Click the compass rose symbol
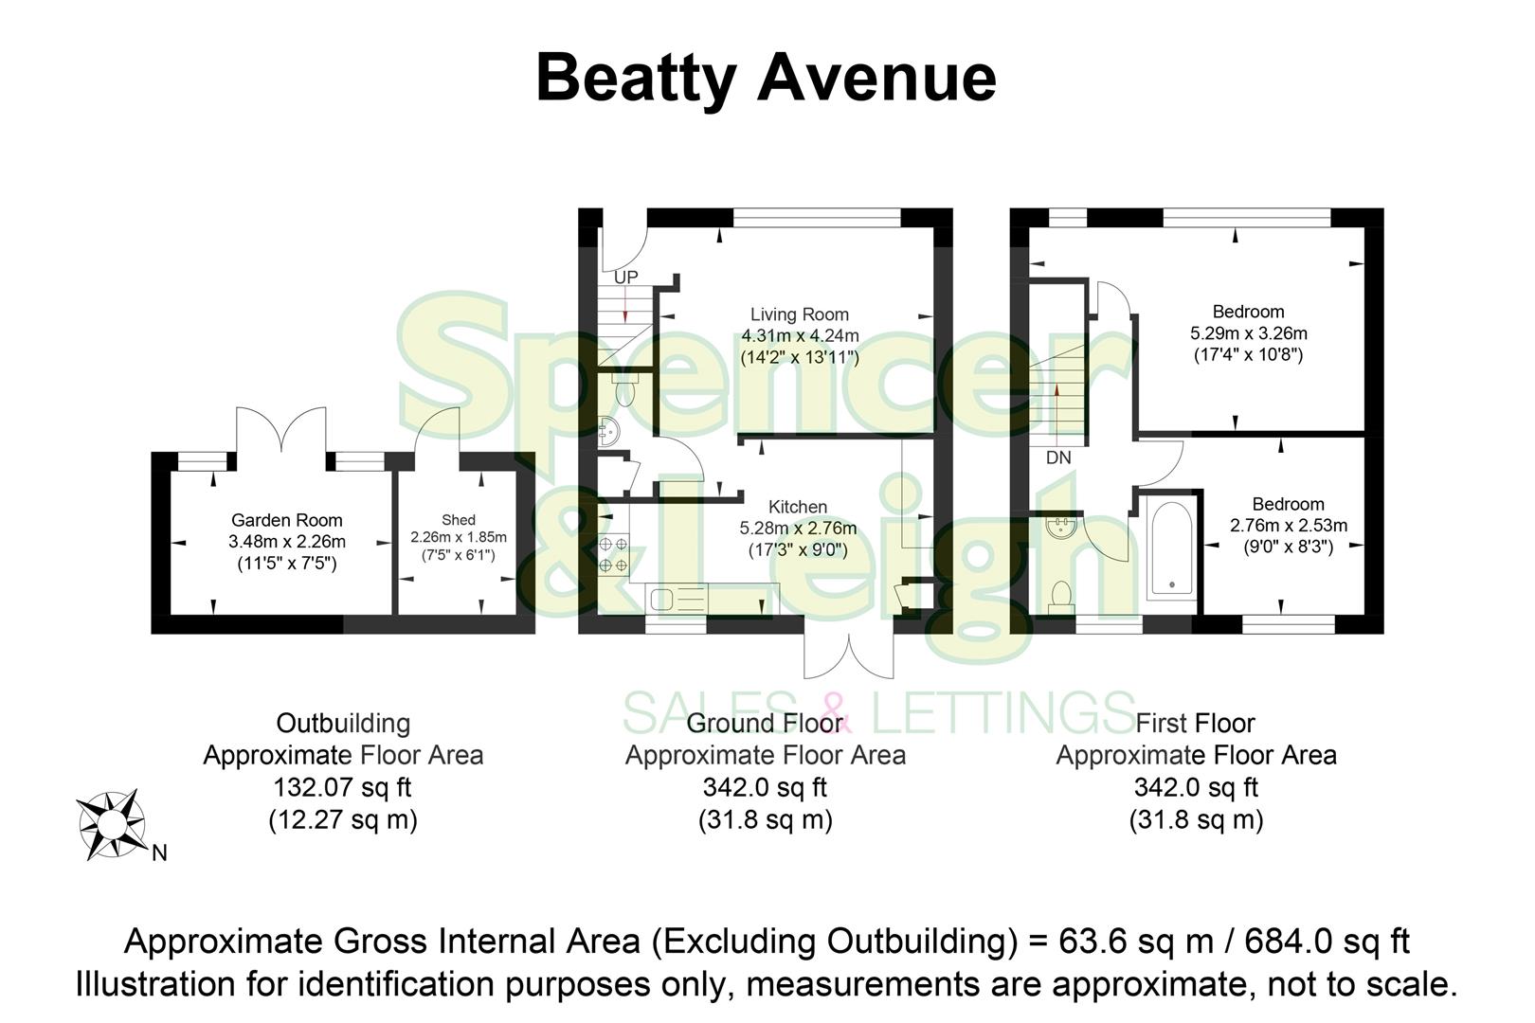pos(111,825)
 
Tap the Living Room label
pos(800,314)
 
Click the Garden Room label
pos(286,520)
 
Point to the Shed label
pos(459,520)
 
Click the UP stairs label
pos(625,278)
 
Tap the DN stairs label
pos(1058,458)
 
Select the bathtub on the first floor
pos(1171,547)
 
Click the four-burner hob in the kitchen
pos(613,554)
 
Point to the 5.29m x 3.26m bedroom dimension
pos(1248,333)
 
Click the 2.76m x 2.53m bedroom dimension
pos(1288,526)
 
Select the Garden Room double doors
pos(281,431)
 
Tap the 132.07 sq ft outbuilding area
pos(342,787)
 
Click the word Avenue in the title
pos(876,78)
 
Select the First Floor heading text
pos(1195,724)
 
